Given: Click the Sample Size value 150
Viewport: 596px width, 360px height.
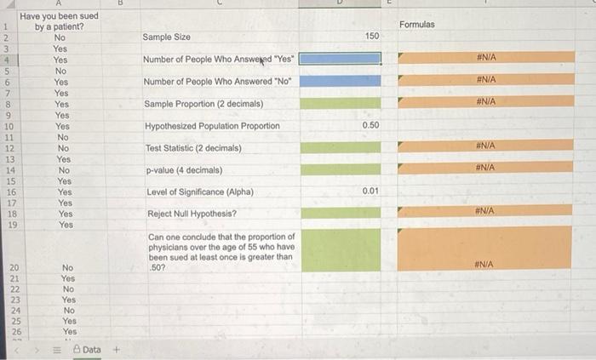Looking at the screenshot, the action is [372, 36].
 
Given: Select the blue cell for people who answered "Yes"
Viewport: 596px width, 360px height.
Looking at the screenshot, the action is [340, 59].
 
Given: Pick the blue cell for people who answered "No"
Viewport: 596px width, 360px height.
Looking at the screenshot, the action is [341, 81].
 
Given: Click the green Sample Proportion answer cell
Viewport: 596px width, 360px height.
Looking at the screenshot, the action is [341, 103].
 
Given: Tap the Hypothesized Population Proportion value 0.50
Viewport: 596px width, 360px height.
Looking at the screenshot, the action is [370, 125].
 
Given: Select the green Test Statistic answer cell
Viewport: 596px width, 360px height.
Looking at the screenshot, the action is [341, 147].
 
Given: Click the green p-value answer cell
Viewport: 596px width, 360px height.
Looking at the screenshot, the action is [341, 169].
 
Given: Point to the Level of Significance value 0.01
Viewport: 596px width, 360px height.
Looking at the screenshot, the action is [370, 191].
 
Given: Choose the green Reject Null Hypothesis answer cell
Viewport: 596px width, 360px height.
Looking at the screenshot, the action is [341, 213].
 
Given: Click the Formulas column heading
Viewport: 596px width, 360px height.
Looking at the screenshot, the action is [417, 25].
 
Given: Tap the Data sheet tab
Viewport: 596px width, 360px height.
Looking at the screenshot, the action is [88, 350].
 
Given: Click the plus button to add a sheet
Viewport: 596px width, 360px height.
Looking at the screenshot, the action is [117, 350].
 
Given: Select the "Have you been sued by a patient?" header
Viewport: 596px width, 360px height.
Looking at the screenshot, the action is [59, 21].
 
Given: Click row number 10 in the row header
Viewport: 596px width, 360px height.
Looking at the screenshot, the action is [9, 127].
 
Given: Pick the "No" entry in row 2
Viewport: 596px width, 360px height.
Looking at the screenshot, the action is [60, 37].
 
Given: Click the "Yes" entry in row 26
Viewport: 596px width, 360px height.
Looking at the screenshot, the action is [70, 332].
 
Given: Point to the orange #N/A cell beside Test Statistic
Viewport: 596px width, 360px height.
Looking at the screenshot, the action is [485, 146].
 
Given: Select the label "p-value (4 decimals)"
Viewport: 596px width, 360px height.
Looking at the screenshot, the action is [185, 170].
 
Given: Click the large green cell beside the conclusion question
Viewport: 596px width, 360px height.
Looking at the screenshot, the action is [341, 250].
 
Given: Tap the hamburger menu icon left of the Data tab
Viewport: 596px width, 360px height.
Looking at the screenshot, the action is [57, 350].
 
